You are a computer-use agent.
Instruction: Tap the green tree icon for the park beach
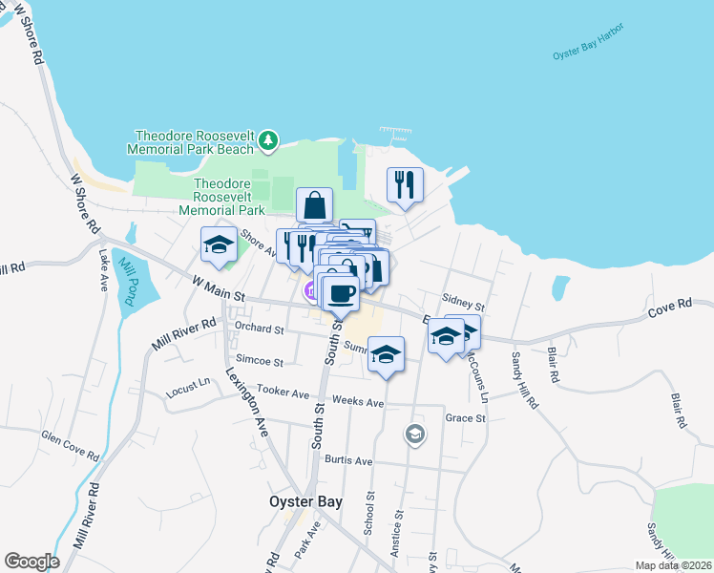coord(268,141)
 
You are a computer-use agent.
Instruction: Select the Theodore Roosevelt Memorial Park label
coord(228,196)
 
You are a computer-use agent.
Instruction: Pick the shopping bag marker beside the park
coord(314,204)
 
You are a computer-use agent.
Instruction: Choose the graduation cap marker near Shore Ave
coord(219,244)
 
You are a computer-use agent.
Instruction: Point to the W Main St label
coord(219,285)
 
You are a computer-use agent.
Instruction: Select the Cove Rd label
coord(668,308)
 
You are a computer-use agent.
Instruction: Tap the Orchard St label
coord(260,329)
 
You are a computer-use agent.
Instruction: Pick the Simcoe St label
coord(260,362)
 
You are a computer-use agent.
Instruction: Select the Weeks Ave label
coord(357,403)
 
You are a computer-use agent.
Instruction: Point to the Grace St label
coord(466,418)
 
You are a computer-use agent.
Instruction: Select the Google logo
coord(31,562)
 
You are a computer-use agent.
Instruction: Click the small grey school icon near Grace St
coord(414,435)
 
